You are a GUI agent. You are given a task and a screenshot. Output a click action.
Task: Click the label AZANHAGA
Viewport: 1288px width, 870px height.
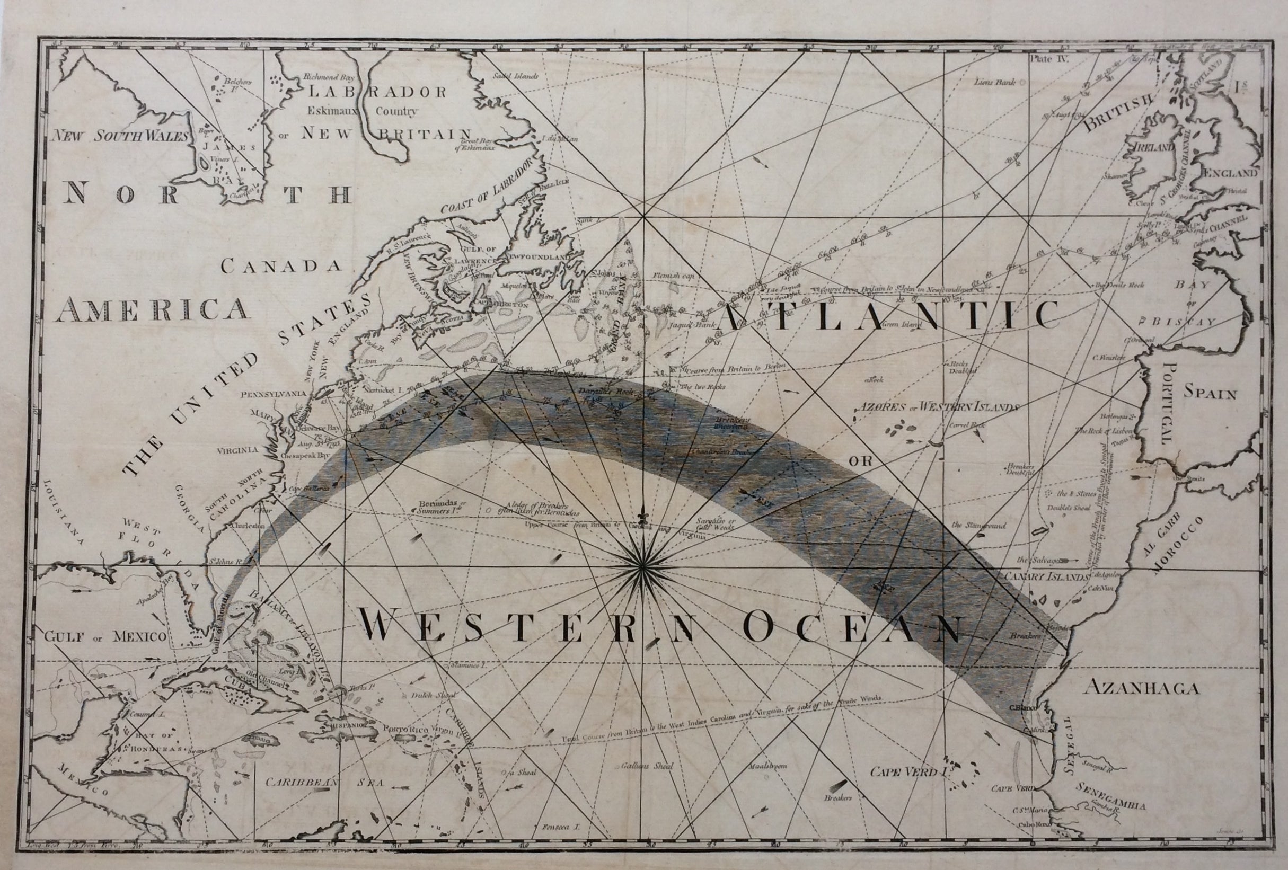click(x=1142, y=688)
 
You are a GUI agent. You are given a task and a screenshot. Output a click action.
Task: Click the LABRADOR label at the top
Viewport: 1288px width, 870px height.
click(x=378, y=92)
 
